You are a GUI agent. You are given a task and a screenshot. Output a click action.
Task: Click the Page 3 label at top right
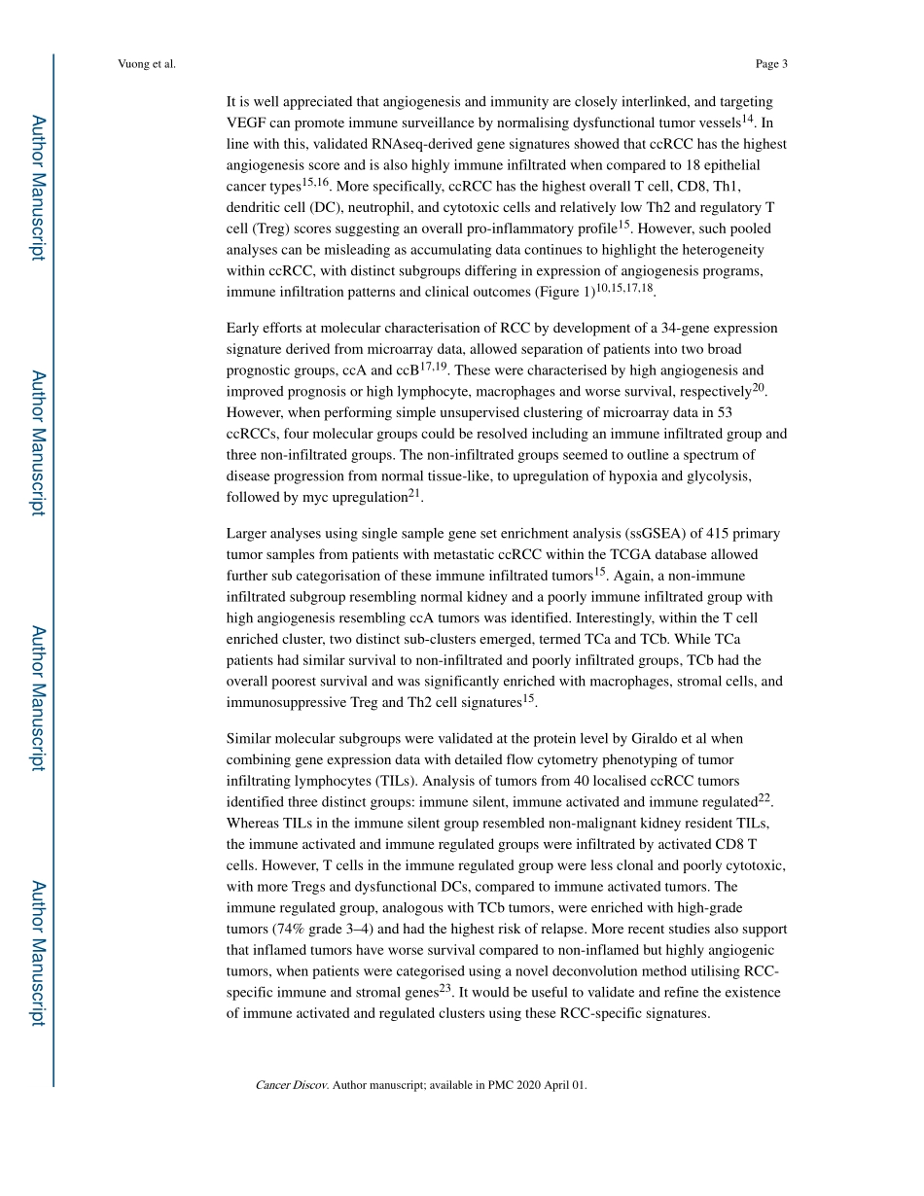point(770,64)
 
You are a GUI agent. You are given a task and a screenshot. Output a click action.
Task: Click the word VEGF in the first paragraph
point(244,123)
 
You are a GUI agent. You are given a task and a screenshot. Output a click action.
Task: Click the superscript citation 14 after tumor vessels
point(748,119)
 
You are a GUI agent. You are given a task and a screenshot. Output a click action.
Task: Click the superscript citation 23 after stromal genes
point(445,989)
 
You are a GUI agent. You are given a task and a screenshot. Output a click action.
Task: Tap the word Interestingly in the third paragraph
point(618,617)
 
